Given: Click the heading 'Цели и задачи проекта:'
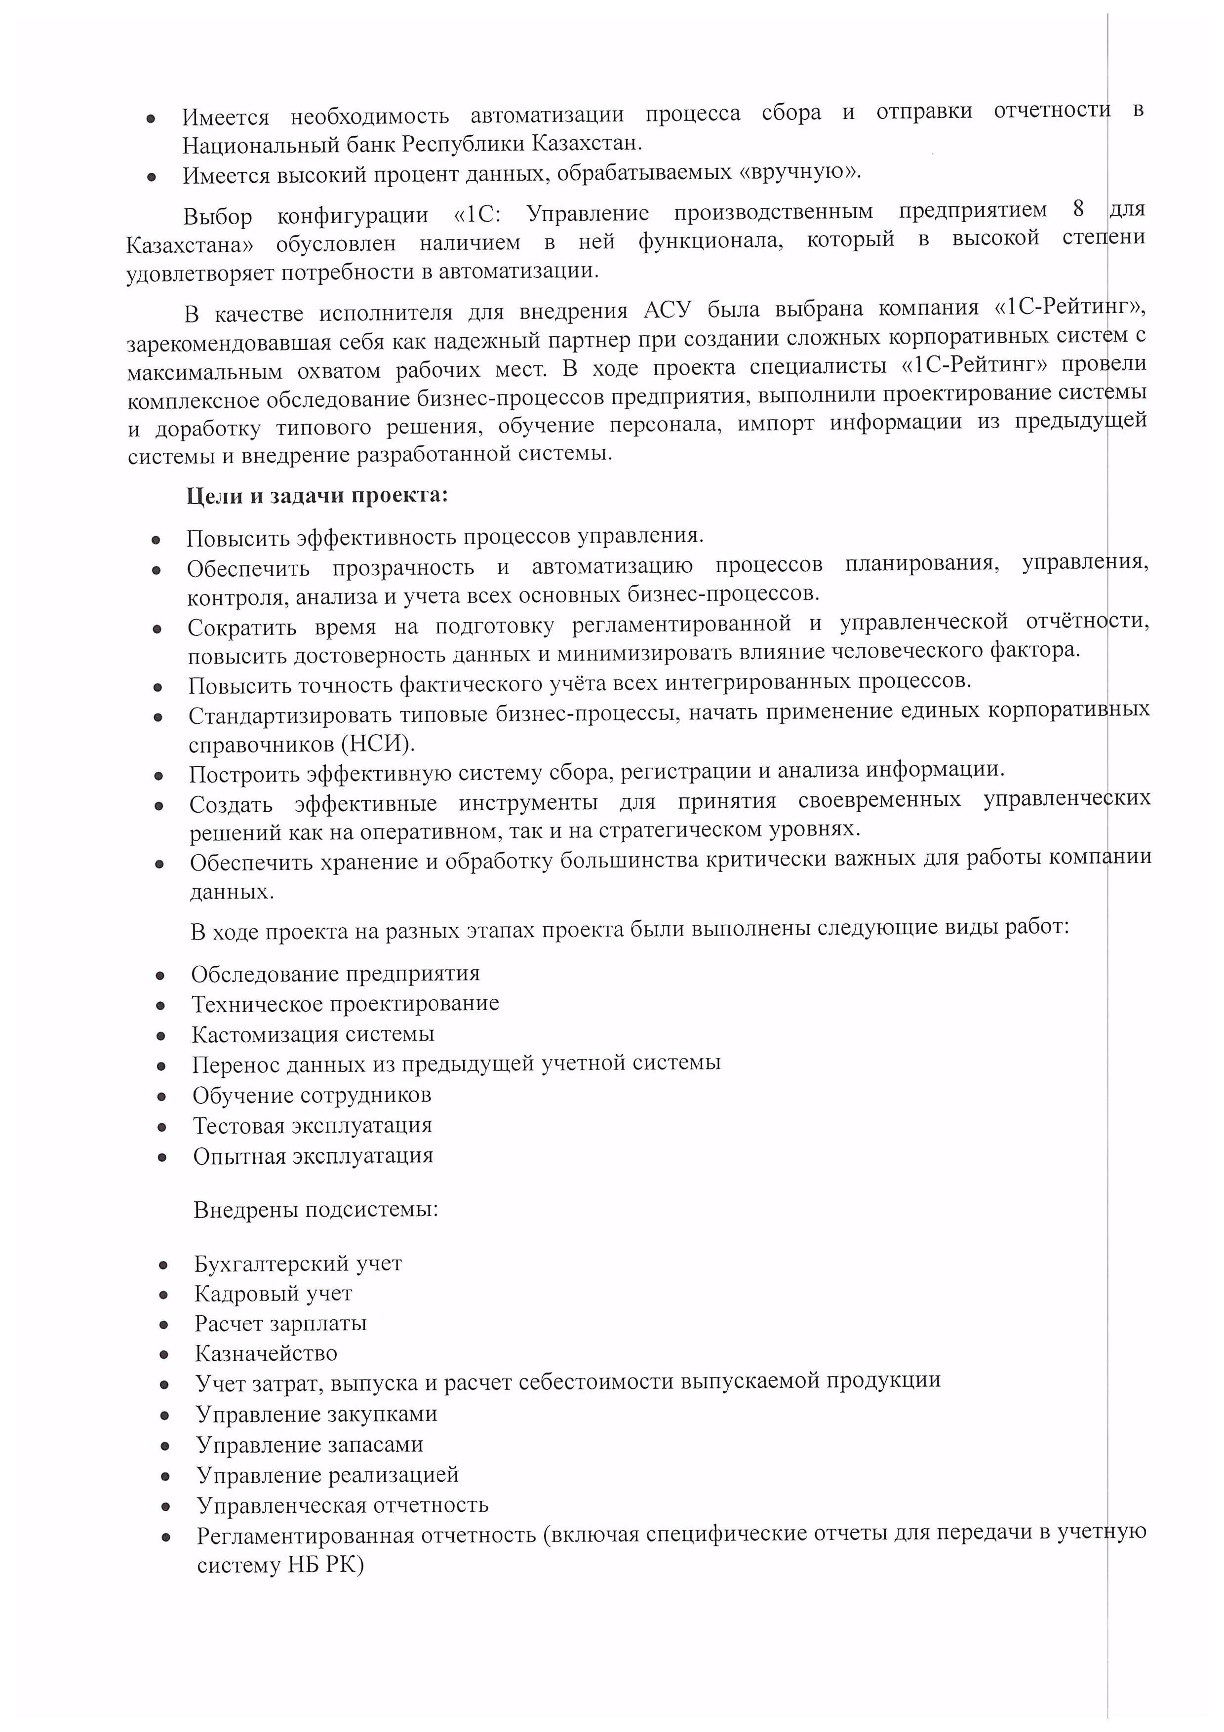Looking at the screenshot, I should [317, 496].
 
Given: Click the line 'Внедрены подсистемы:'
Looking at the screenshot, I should [315, 1210].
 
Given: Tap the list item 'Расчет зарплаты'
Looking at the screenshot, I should [280, 1323].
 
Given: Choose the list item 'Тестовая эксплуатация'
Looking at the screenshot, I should [312, 1126].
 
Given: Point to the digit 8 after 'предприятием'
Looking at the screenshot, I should [1078, 209].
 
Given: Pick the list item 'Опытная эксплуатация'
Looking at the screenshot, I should [313, 1156].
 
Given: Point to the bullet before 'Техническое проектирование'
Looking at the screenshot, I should [160, 1006].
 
